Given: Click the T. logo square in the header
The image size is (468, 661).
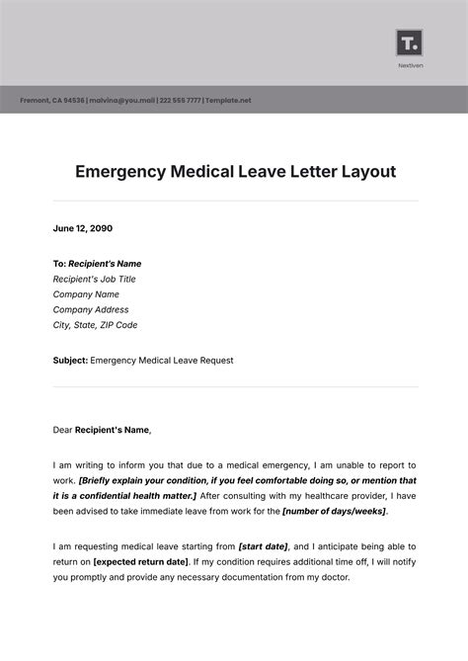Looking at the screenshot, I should pyautogui.click(x=408, y=42).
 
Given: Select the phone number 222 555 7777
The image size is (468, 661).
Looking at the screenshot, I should pyautogui.click(x=182, y=100).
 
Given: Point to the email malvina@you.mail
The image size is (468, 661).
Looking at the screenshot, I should pyautogui.click(x=122, y=100).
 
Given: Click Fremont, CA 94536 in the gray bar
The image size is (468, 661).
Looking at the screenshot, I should pyautogui.click(x=51, y=100).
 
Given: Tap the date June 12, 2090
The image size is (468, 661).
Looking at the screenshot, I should pyautogui.click(x=83, y=228).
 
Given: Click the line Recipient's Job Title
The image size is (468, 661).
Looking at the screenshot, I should pyautogui.click(x=94, y=279).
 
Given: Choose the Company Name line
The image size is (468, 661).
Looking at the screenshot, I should pyautogui.click(x=86, y=293).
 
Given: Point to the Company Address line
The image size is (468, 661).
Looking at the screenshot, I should pyautogui.click(x=92, y=309).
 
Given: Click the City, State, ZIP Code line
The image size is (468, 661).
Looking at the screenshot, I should pyautogui.click(x=95, y=324).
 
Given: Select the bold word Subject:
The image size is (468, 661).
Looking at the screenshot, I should pyautogui.click(x=70, y=361).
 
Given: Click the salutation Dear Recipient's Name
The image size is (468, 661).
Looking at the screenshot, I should pyautogui.click(x=103, y=429).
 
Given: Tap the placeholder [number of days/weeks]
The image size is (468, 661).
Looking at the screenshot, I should pyautogui.click(x=334, y=511).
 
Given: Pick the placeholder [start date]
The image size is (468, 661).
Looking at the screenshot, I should pyautogui.click(x=262, y=546).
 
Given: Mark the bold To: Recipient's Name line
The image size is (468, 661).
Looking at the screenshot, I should pyautogui.click(x=97, y=264).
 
